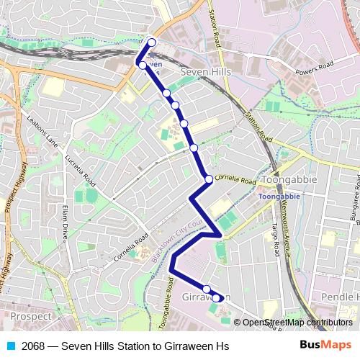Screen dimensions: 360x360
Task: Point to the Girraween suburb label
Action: pyautogui.click(x=207, y=297)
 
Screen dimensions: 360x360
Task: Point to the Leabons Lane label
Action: pyautogui.click(x=42, y=130)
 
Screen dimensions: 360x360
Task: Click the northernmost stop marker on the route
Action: pyautogui.click(x=152, y=42)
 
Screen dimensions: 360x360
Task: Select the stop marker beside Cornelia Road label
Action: pyautogui.click(x=209, y=179)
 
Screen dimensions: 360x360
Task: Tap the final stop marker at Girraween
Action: pyautogui.click(x=216, y=297)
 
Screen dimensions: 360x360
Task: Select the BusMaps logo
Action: pyautogui.click(x=325, y=346)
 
